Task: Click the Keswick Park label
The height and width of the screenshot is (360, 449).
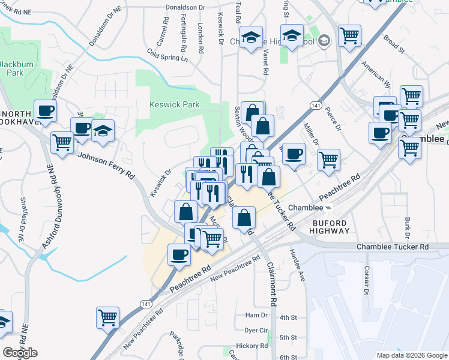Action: (x=174, y=104)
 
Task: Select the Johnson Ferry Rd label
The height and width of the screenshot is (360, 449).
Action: (x=106, y=166)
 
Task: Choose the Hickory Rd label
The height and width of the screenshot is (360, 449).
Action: (x=252, y=346)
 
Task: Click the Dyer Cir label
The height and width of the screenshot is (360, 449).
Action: (x=256, y=331)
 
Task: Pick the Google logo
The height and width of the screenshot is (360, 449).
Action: (x=20, y=353)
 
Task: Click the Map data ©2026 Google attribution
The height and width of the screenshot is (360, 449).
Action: (x=412, y=355)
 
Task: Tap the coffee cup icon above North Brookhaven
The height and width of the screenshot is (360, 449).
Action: (x=45, y=110)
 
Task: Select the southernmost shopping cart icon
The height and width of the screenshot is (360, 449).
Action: (x=107, y=317)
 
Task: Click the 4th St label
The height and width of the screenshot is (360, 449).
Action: (x=289, y=317)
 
